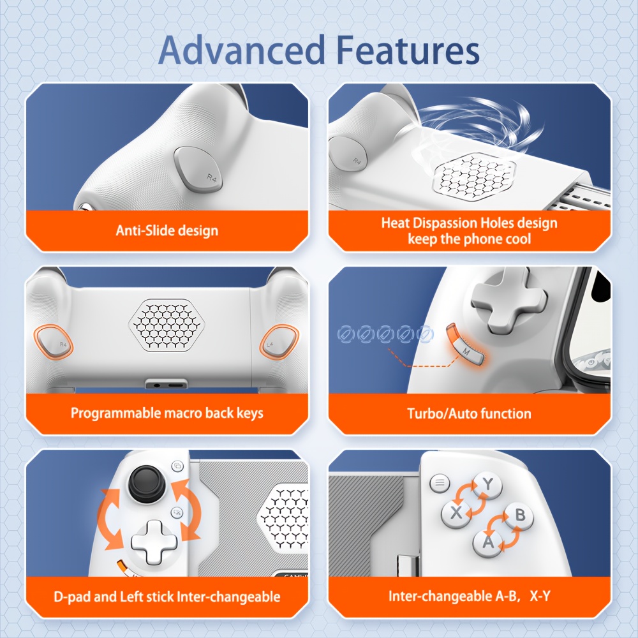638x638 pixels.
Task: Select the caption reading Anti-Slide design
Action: coord(167,230)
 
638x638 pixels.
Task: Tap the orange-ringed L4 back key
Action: coord(276,343)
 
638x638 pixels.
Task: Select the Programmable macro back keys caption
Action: coord(167,413)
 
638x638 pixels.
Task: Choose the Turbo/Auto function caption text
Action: coord(469,413)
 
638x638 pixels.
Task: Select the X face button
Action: coord(456,512)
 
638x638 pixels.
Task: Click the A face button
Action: coord(488,543)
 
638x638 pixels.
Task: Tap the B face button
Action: coord(519,515)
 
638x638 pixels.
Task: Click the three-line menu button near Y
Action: coord(439,483)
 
